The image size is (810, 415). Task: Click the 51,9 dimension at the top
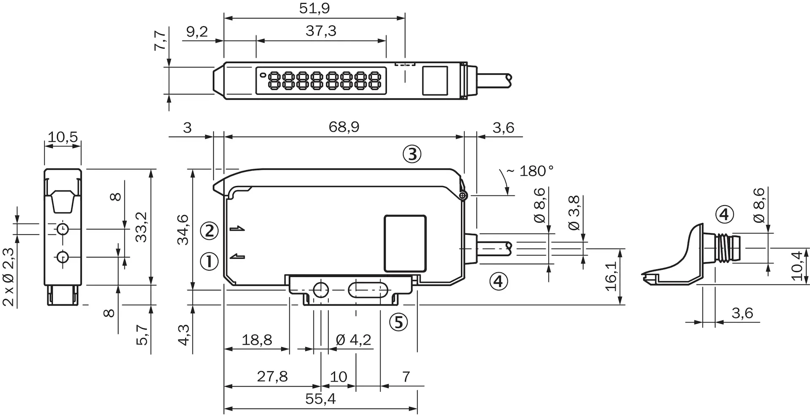[x=314, y=8]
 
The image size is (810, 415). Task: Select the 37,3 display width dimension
[x=321, y=31]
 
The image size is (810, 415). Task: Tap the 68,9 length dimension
[x=344, y=127]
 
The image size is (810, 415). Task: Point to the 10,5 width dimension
[x=62, y=137]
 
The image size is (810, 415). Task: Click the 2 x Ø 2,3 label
[x=9, y=277]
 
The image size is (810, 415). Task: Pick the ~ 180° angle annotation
[x=530, y=171]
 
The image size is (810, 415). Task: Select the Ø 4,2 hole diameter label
[x=354, y=339]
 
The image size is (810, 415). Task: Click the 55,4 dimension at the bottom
[x=321, y=399]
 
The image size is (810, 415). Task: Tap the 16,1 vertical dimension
[x=611, y=276]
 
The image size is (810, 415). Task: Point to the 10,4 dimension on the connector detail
[x=796, y=266]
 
